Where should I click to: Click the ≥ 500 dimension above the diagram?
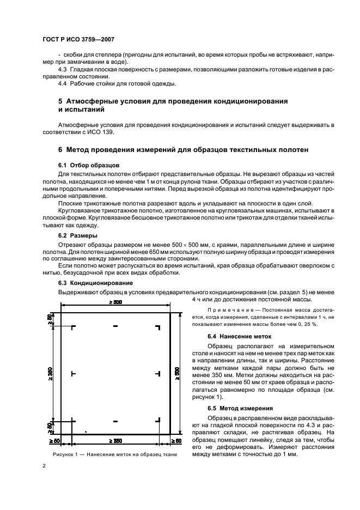115,301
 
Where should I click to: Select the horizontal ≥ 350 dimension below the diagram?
115,440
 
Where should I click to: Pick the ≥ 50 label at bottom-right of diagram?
175,440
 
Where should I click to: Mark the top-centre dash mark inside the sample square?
115,326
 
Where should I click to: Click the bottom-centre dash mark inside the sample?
115,420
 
